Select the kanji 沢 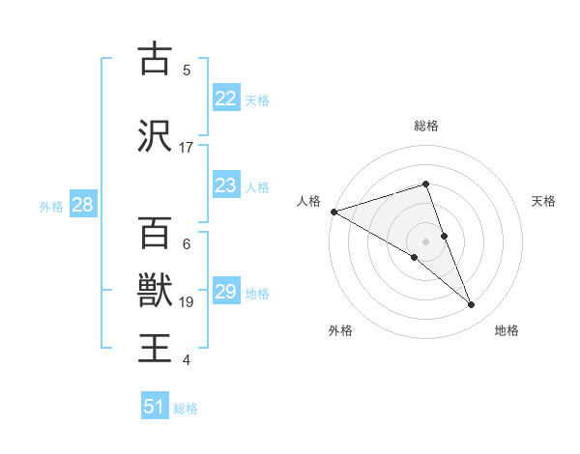pos(155,135)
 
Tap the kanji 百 pos(155,232)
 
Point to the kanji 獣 pos(155,290)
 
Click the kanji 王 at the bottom pos(155,348)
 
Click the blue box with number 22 pos(225,99)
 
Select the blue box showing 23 pos(225,185)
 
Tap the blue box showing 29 pos(225,292)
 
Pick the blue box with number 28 pos(82,205)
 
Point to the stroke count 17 pos(187,148)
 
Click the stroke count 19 pos(188,302)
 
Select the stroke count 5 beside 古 pos(187,70)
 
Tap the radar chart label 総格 pos(426,126)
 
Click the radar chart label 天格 pos(543,201)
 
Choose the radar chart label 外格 pos(340,330)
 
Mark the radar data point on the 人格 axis pos(333,211)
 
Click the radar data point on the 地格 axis pos(472,305)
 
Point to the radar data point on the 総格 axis pos(426,184)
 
